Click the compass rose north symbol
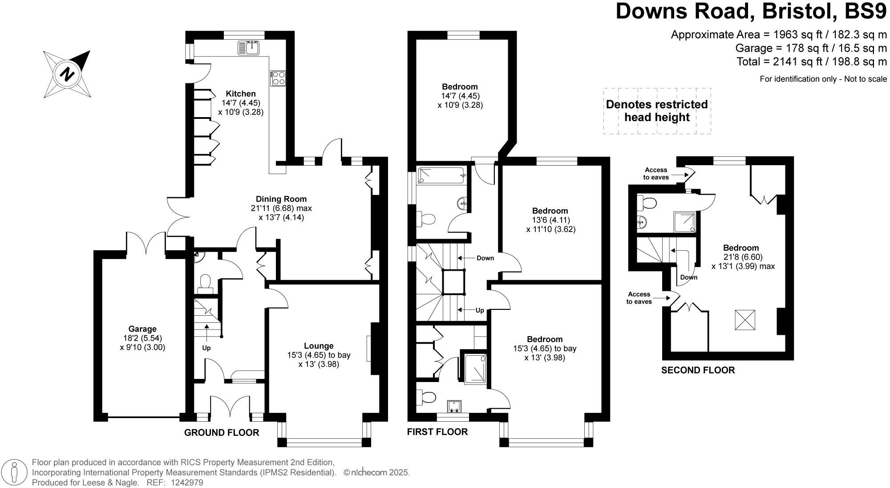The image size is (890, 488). click(x=67, y=74)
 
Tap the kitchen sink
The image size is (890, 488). click(x=249, y=47)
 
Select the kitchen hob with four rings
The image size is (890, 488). click(x=277, y=79)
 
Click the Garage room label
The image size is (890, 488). click(x=142, y=329)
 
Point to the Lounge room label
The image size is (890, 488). click(x=319, y=346)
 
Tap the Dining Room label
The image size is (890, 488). click(x=281, y=199)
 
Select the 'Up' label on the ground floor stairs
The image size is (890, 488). click(x=206, y=348)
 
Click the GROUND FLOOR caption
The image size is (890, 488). click(x=222, y=432)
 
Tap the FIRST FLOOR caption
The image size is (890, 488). click(x=437, y=432)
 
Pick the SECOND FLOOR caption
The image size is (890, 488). click(x=698, y=370)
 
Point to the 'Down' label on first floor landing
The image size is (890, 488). click(x=485, y=258)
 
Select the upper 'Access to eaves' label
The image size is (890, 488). click(x=656, y=173)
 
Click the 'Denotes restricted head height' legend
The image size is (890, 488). click(x=657, y=111)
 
